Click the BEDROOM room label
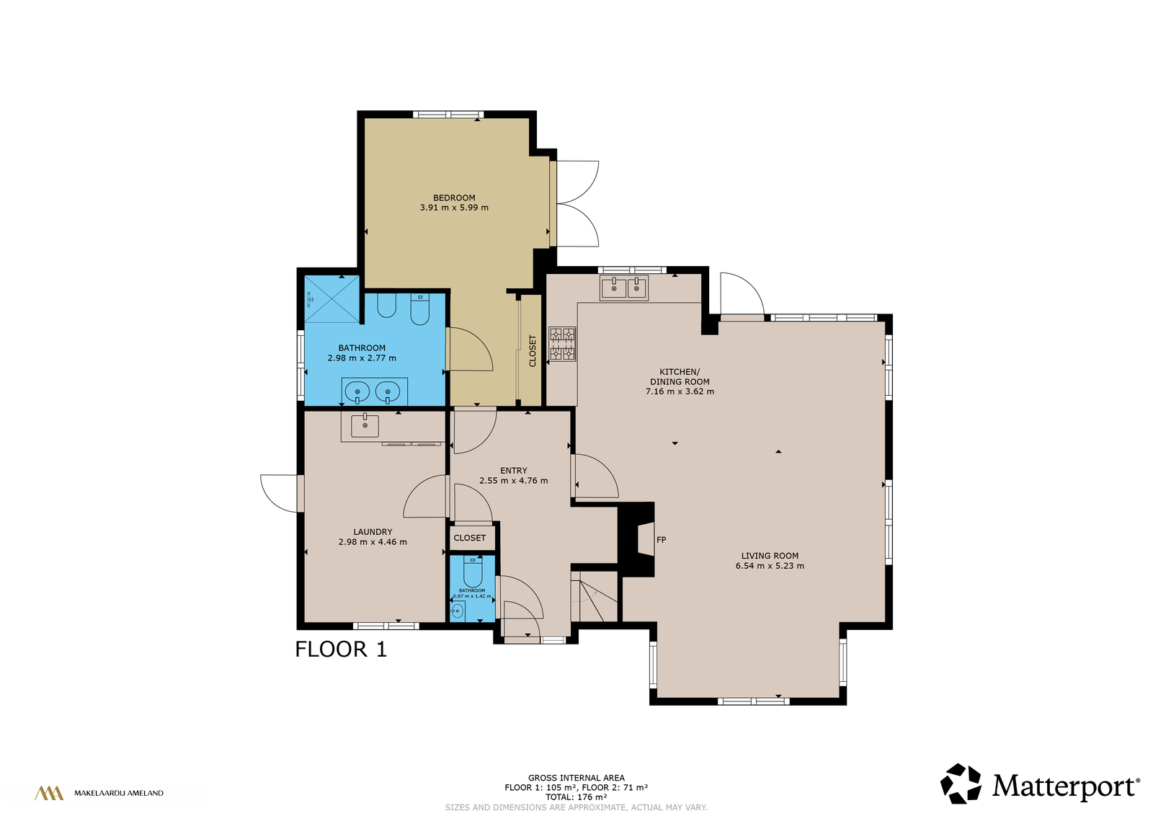click(x=454, y=198)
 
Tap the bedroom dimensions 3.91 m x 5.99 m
click(x=454, y=208)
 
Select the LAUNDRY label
click(x=373, y=532)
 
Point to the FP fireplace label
click(x=662, y=539)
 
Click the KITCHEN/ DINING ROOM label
click(x=680, y=376)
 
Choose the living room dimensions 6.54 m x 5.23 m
click(x=770, y=566)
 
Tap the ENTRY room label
click(x=513, y=471)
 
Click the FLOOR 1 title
click(x=341, y=649)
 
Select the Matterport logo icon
click(x=961, y=784)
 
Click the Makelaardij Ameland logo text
click(x=119, y=794)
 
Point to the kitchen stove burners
click(x=562, y=344)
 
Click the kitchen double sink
click(x=624, y=288)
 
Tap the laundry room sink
click(x=365, y=426)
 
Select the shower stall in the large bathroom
click(x=332, y=300)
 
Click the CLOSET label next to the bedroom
click(x=533, y=351)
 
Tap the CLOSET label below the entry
click(x=469, y=538)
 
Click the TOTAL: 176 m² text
click(x=576, y=797)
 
